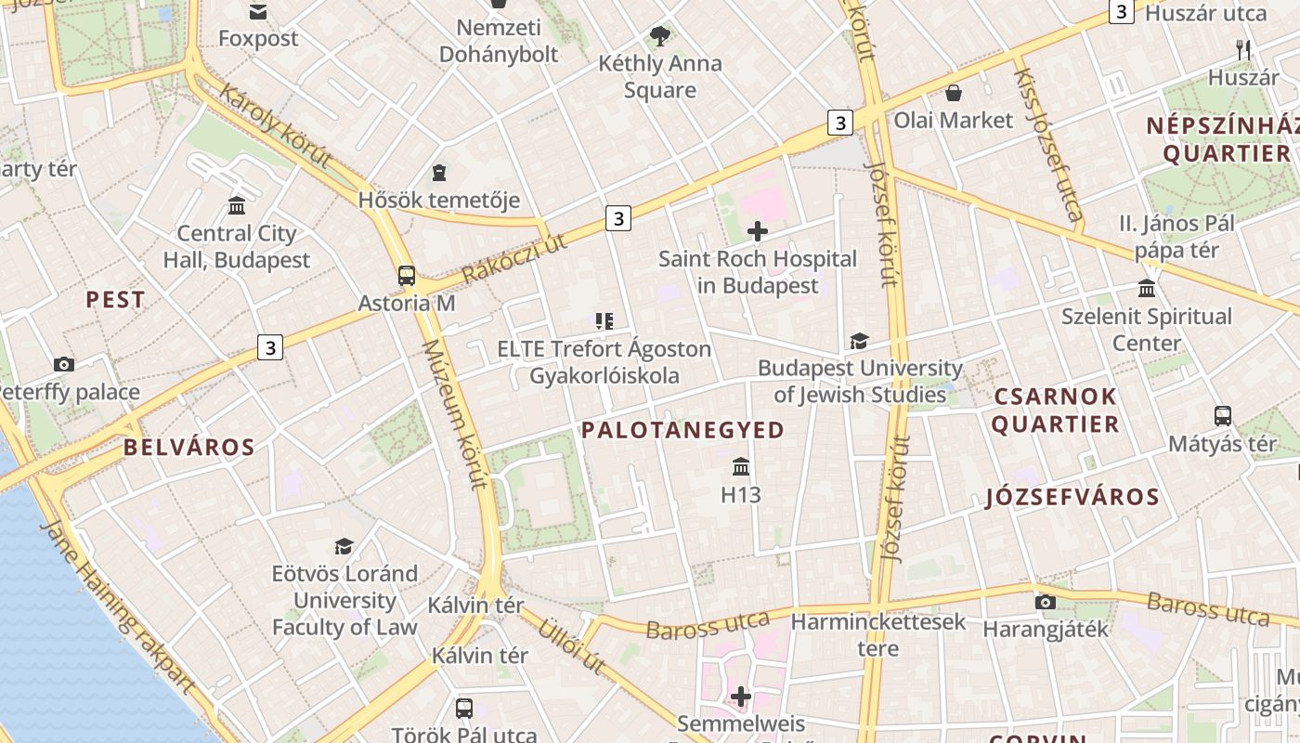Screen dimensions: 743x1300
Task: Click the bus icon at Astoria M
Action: pyautogui.click(x=407, y=275)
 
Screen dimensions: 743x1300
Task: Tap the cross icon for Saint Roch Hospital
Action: pyautogui.click(x=758, y=231)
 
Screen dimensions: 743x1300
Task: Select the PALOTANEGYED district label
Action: pyautogui.click(x=682, y=430)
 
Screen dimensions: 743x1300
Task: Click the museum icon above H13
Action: pyautogui.click(x=741, y=466)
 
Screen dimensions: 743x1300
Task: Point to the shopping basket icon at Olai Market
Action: pyautogui.click(x=954, y=93)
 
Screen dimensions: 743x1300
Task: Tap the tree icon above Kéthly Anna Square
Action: pyautogui.click(x=660, y=36)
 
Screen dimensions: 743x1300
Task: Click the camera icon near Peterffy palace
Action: pyautogui.click(x=64, y=364)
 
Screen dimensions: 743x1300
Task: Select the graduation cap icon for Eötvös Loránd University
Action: pyautogui.click(x=344, y=546)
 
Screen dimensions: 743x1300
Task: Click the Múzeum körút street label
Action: pyautogui.click(x=454, y=414)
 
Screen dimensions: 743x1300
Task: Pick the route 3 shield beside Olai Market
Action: pyautogui.click(x=840, y=122)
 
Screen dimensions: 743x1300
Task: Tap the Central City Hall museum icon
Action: pyautogui.click(x=237, y=205)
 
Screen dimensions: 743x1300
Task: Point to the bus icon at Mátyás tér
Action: pyautogui.click(x=1223, y=416)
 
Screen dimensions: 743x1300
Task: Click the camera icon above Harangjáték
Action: pyautogui.click(x=1046, y=602)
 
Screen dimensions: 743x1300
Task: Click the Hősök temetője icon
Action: pyautogui.click(x=438, y=173)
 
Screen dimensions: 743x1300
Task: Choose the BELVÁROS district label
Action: pyautogui.click(x=189, y=448)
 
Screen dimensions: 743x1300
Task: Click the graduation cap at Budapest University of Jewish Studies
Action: pyautogui.click(x=860, y=341)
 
